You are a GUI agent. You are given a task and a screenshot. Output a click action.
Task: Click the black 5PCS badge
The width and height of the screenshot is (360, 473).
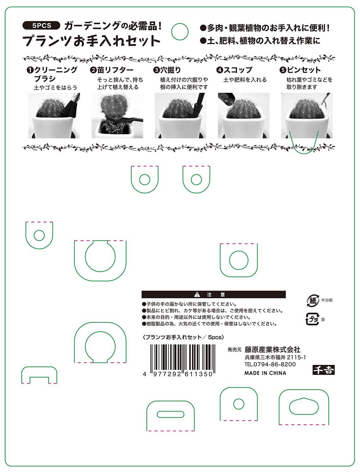click(x=41, y=26)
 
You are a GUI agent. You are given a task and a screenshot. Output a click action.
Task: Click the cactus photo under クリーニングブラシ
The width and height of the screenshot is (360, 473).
click(x=54, y=115)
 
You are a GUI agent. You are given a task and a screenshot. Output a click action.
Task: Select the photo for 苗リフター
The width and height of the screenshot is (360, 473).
click(x=117, y=115)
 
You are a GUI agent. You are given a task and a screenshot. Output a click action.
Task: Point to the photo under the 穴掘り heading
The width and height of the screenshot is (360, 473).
click(x=181, y=115)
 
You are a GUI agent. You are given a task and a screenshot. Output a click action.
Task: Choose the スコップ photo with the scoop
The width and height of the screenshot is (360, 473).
click(x=244, y=115)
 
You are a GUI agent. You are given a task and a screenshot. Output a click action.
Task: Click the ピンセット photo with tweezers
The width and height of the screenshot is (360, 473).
click(x=307, y=115)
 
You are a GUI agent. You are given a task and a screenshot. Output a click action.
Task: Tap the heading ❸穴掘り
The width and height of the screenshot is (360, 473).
click(x=167, y=70)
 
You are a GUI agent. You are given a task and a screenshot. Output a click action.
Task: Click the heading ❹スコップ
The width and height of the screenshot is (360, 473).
click(x=234, y=70)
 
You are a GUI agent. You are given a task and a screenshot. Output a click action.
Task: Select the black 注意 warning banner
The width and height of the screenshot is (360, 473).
click(x=213, y=294)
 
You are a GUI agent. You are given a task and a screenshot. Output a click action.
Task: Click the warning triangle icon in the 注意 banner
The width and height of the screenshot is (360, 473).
click(x=197, y=294)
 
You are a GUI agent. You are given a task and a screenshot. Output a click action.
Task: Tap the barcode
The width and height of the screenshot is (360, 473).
click(x=183, y=359)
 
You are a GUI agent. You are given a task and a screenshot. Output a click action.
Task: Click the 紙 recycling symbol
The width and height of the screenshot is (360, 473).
click(x=313, y=301)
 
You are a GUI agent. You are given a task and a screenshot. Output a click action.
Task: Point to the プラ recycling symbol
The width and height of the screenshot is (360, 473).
click(x=312, y=319)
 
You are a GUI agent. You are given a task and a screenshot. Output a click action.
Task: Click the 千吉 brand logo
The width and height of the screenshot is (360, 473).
click(x=323, y=370)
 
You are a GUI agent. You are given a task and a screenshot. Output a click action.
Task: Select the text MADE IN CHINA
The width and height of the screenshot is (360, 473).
click(x=265, y=373)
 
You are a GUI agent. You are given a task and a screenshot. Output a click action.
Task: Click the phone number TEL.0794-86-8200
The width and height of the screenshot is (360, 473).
click(x=270, y=364)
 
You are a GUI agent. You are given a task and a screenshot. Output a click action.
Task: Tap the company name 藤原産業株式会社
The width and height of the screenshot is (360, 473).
click(x=273, y=349)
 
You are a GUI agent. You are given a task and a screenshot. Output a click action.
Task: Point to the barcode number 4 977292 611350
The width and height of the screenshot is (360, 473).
click(x=178, y=374)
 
